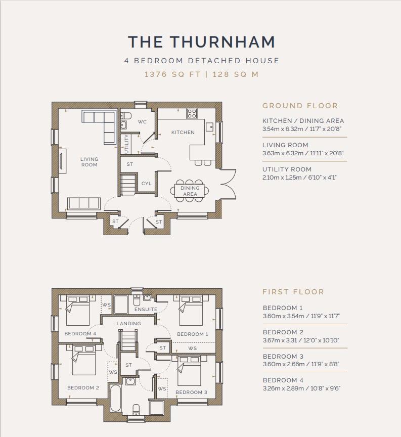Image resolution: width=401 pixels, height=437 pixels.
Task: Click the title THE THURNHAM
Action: click(201, 42)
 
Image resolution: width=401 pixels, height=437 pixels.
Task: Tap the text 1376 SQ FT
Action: click(172, 74)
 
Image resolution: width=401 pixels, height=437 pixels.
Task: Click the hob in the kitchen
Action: click(192, 113)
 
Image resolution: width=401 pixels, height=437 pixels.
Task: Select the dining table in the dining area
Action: click(190, 191)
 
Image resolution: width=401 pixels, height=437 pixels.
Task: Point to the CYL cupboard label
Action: click(146, 184)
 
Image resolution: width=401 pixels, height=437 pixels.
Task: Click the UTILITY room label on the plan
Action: click(127, 144)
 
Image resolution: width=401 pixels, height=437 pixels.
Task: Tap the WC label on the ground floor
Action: click(142, 122)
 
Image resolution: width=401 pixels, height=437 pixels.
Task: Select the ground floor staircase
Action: click(128, 185)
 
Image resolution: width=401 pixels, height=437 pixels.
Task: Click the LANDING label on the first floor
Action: click(129, 324)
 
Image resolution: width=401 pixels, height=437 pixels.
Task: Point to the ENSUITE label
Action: click(146, 310)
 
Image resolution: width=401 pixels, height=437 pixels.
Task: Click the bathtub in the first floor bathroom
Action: click(116, 398)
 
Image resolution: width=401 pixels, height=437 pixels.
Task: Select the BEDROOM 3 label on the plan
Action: click(192, 392)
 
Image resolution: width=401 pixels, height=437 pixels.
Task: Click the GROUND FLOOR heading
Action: click(300, 106)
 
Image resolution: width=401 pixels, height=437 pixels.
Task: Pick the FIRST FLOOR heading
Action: click(293, 292)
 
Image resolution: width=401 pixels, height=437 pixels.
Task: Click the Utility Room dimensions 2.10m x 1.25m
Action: click(299, 178)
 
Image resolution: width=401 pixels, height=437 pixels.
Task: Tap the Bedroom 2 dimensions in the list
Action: click(301, 340)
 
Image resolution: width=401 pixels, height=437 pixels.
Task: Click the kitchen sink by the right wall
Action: click(209, 127)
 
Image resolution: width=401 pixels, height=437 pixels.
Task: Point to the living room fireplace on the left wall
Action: click(62, 161)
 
